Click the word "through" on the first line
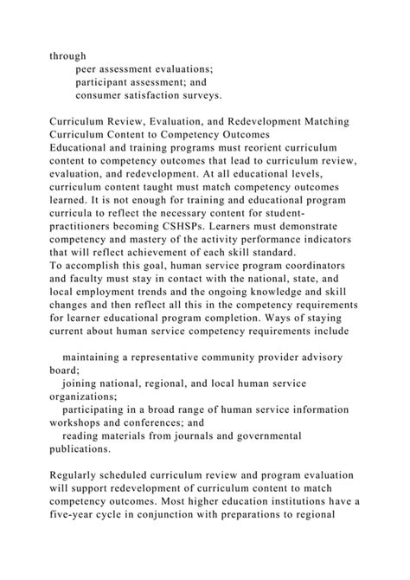pyautogui.click(x=67, y=55)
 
